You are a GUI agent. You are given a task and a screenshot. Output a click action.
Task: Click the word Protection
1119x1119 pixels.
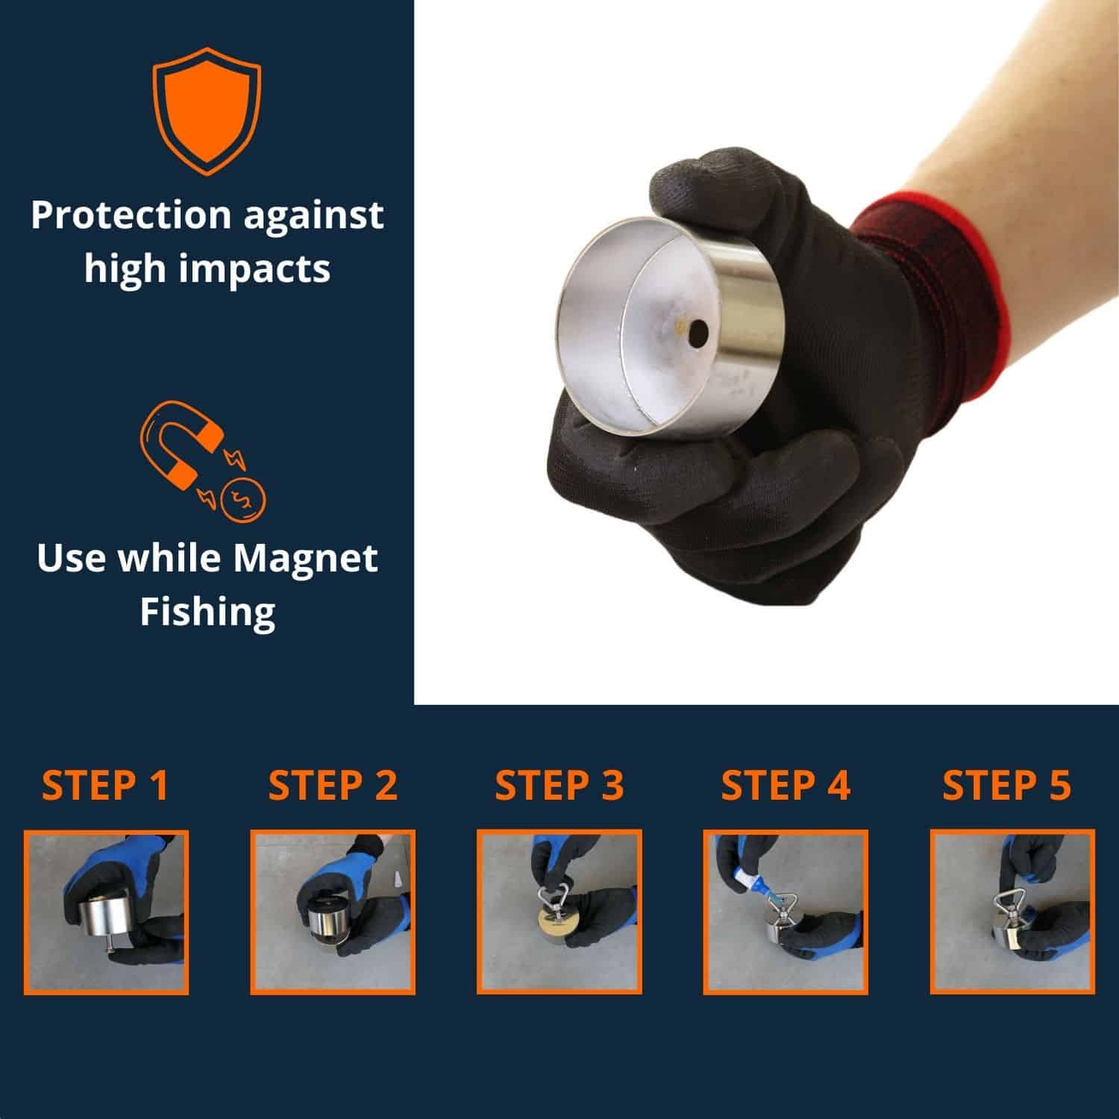[x=131, y=216]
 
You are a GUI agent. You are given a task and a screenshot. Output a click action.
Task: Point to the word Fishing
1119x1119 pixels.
[x=208, y=612]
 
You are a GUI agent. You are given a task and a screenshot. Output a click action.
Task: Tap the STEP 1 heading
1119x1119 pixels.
[x=105, y=785]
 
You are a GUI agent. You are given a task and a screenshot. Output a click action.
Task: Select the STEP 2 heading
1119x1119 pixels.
[x=333, y=785]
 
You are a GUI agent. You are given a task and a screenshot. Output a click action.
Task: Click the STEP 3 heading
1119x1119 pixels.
[x=559, y=785]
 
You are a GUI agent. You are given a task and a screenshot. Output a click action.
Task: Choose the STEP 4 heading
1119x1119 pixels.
[x=786, y=785]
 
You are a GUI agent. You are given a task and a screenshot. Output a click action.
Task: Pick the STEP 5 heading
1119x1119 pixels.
[x=1006, y=785]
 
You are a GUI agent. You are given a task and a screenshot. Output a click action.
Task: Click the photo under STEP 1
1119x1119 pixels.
[x=106, y=912]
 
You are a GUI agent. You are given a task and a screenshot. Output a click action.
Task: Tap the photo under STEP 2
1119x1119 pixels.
[x=333, y=912]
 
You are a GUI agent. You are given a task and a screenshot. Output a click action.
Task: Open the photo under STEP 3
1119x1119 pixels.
[x=559, y=912]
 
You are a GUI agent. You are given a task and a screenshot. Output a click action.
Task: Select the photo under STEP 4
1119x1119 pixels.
[x=786, y=912]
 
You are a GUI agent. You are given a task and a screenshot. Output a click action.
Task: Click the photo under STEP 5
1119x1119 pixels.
[x=1012, y=912]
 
